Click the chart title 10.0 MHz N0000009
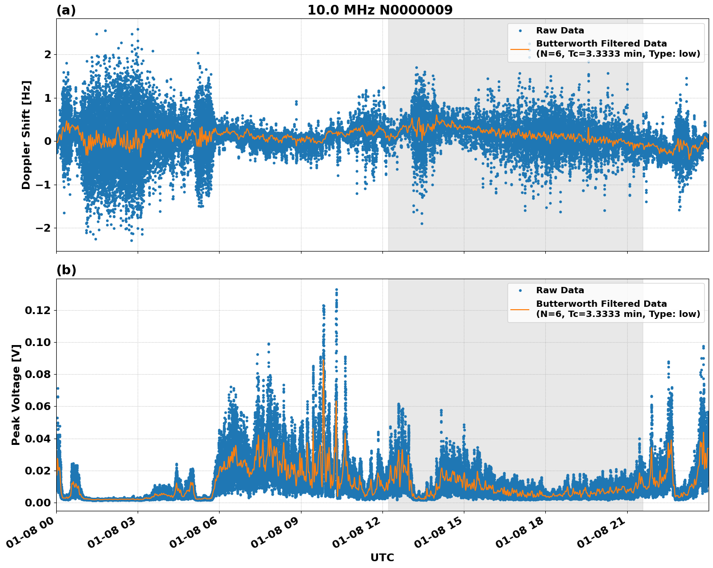click(x=380, y=10)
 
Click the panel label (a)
click(x=66, y=10)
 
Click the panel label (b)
click(x=66, y=270)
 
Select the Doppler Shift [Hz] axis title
click(x=26, y=135)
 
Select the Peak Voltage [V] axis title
click(x=16, y=395)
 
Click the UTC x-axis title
click(x=382, y=558)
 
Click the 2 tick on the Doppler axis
click(x=48, y=54)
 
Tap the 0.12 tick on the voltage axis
click(x=38, y=310)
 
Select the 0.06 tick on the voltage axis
click(x=38, y=406)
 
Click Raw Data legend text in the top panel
click(x=560, y=31)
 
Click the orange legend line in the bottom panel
click(x=520, y=309)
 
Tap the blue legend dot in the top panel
click(x=520, y=31)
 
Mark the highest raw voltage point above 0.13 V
click(x=336, y=289)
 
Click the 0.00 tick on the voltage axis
click(x=38, y=503)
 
